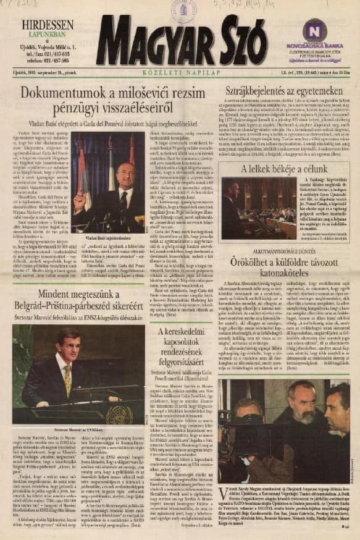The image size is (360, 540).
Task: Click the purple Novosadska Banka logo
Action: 314,30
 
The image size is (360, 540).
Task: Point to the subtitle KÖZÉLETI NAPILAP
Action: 180,72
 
